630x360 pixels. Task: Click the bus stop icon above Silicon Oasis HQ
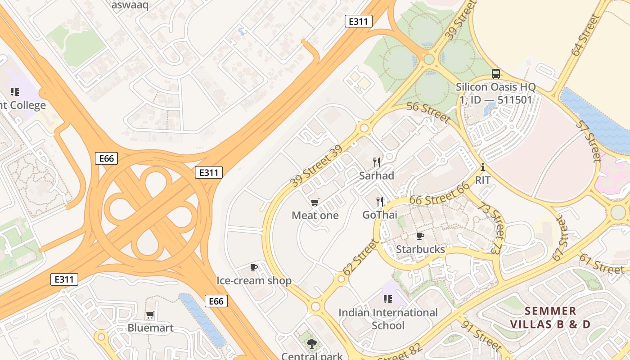pos(495,73)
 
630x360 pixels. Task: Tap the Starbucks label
pos(420,249)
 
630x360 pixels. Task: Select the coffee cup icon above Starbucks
pos(420,236)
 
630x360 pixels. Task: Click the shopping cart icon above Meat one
pos(315,202)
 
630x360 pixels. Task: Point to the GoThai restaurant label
pos(380,215)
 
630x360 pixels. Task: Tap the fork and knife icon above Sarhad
pos(377,162)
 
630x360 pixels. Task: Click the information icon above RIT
pos(483,167)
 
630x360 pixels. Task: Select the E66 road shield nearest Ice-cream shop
pos(216,301)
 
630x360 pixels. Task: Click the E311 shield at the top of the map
pos(358,21)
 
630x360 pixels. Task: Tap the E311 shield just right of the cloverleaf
pos(209,172)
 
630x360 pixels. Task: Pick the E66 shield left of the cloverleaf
pos(107,158)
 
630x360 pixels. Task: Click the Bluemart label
pos(150,328)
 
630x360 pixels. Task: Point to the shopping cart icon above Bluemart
pos(150,315)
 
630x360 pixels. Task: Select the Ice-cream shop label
pos(254,281)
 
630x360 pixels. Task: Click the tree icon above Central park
pos(311,344)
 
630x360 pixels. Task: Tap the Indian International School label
pos(388,319)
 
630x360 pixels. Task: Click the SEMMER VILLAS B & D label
pos(550,317)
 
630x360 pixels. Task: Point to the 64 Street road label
pos(585,35)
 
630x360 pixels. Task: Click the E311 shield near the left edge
pos(64,279)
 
